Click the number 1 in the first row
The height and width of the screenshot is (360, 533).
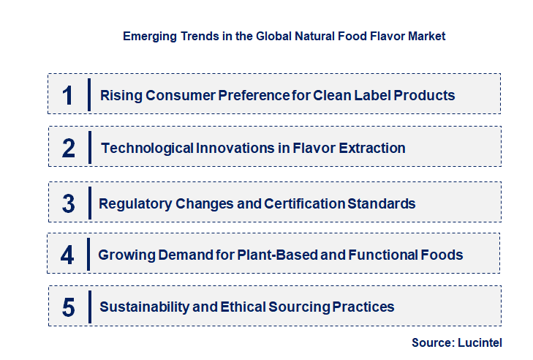(x=67, y=95)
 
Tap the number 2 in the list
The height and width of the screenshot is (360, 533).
(x=69, y=149)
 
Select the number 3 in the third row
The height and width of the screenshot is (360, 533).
(x=68, y=203)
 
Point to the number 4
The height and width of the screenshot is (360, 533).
(x=67, y=255)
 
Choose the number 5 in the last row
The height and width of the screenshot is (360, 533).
(x=68, y=307)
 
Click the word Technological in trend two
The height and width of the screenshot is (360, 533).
(x=146, y=149)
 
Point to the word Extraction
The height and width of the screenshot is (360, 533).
(x=371, y=149)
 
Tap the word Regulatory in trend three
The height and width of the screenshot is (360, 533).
(x=135, y=203)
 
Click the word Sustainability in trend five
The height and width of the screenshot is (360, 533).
(x=142, y=307)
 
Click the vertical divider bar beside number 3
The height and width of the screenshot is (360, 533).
(x=88, y=202)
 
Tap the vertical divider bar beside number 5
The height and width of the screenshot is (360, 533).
(x=88, y=306)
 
